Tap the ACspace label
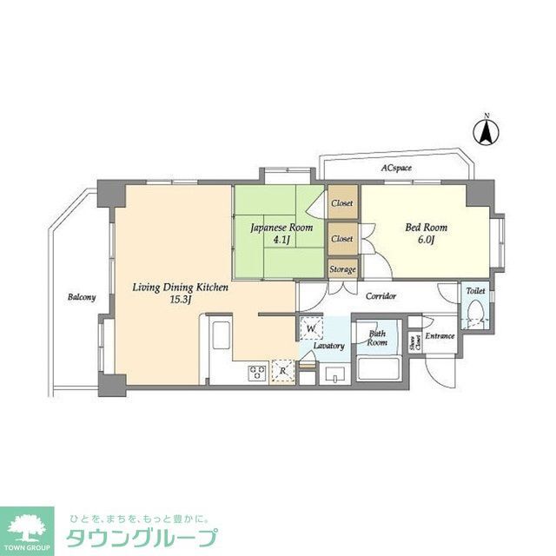pyautogui.click(x=395, y=167)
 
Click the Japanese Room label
pyautogui.click(x=276, y=228)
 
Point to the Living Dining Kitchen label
pyautogui.click(x=181, y=286)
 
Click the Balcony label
pyautogui.click(x=82, y=297)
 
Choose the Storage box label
pyautogui.click(x=342, y=269)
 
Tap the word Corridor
pyautogui.click(x=381, y=296)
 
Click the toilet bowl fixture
pyautogui.click(x=475, y=321)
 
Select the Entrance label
pyautogui.click(x=440, y=335)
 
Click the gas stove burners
pyautogui.click(x=258, y=373)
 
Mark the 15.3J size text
pyautogui.click(x=180, y=299)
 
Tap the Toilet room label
pyautogui.click(x=475, y=292)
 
